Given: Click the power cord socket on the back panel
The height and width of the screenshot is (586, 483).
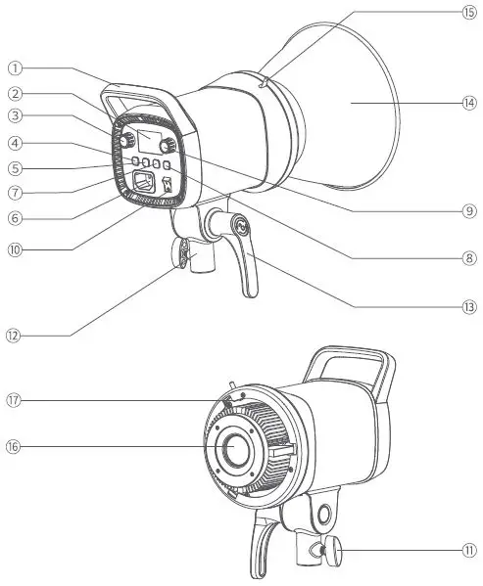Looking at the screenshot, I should point(144,182).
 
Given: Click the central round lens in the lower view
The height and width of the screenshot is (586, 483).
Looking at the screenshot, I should point(236,449).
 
